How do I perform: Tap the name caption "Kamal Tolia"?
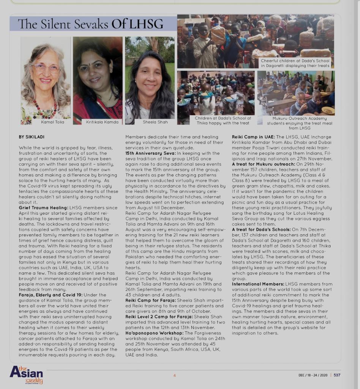coord(52,122)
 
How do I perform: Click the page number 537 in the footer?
coord(337,375)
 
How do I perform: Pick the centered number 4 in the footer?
coord(174,375)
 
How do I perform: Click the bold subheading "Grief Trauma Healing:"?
coord(43,208)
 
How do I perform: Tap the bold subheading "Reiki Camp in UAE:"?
coord(253,137)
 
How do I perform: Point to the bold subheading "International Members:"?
coord(257,284)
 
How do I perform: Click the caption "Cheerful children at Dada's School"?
coord(295,60)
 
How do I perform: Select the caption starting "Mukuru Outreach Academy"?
coord(299,119)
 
